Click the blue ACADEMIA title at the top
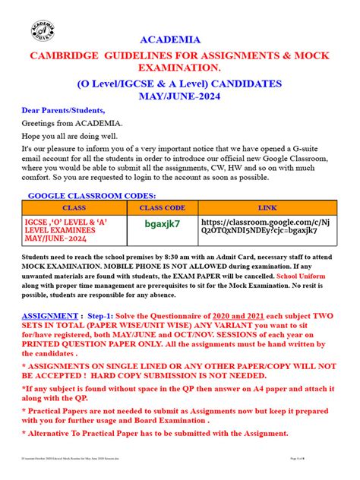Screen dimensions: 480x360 [179, 39]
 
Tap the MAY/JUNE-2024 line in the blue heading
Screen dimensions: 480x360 [179, 98]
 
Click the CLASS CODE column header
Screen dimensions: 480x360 [162, 207]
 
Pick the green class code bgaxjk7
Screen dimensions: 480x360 [163, 226]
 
